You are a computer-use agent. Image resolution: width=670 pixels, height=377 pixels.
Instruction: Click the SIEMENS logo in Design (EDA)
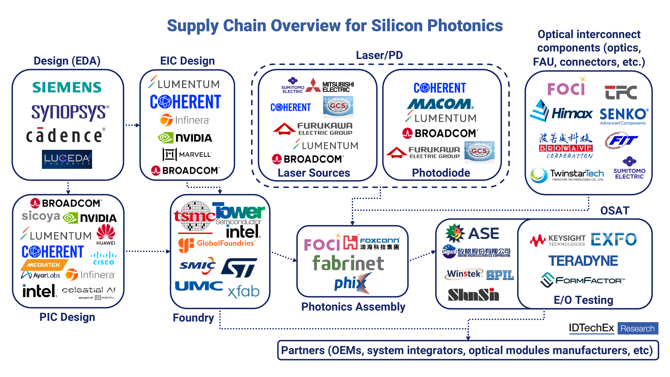(x=67, y=87)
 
